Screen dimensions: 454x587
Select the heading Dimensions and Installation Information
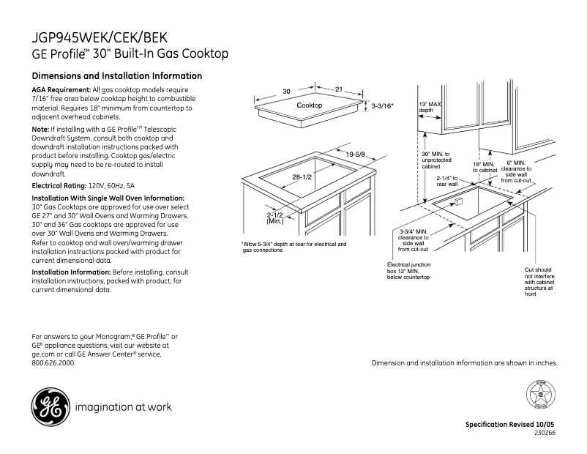117,76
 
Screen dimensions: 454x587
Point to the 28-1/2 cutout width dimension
302,178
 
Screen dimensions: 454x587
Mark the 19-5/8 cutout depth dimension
356,154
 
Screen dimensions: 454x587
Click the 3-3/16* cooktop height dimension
382,106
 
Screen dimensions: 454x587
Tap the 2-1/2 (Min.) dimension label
275,217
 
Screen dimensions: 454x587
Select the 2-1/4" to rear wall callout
446,181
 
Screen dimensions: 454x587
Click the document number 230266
545,433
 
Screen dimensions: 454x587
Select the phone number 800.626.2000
53,362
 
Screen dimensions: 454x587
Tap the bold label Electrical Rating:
59,187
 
